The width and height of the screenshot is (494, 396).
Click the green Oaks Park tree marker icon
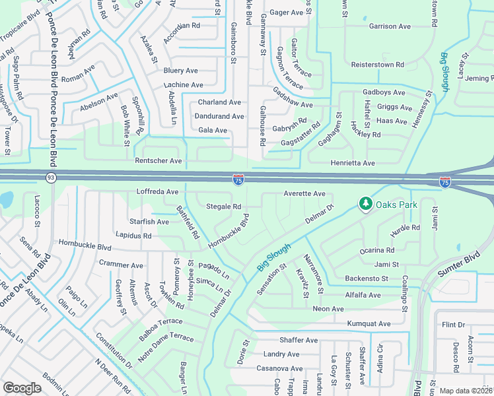[x=365, y=205]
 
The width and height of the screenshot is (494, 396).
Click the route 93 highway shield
[x=51, y=177]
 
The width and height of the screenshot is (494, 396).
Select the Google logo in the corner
[x=22, y=388]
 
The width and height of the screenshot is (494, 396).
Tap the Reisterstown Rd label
[x=377, y=65]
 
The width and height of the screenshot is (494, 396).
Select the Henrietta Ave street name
[x=353, y=163]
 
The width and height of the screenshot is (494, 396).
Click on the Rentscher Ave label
[x=158, y=160]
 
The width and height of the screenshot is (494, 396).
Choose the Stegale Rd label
[x=223, y=207]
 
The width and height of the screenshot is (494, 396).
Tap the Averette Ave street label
[x=304, y=193]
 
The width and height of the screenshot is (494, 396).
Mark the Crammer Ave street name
[x=121, y=265]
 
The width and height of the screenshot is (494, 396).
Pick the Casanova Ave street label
[x=279, y=368]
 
